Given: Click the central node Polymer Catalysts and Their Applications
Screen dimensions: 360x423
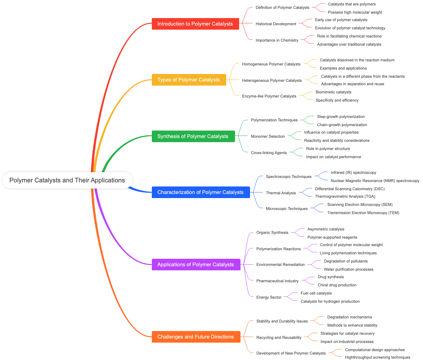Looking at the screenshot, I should tap(67, 180).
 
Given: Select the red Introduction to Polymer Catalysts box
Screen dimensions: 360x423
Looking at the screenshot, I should tap(195, 24).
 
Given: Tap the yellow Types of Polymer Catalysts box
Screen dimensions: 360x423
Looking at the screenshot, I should tap(189, 80).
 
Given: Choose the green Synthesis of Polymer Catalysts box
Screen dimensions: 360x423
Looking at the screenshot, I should tap(193, 136).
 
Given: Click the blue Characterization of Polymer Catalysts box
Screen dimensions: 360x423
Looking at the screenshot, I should tap(200, 192).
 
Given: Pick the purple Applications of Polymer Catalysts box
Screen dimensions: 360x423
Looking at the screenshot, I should tap(195, 265).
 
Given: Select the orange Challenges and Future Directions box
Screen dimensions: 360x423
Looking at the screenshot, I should tap(195, 337).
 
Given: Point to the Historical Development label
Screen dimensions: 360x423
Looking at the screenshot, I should tap(276, 24).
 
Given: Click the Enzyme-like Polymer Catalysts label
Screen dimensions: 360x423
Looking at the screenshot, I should tap(269, 96).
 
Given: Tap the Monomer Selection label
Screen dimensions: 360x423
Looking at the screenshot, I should tap(268, 136).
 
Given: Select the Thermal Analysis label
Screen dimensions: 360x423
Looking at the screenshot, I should tap(281, 193).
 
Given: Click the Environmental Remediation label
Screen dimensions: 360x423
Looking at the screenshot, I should tap(280, 265).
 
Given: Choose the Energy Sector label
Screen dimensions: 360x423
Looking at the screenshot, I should tap(269, 297).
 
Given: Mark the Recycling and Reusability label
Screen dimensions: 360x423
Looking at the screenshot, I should tap(279, 337).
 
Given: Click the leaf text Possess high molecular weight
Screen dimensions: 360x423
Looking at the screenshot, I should tap(355, 12).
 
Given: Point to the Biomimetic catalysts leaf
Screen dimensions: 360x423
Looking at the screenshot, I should tap(333, 92).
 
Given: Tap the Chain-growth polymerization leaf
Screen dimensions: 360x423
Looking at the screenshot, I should tap(342, 125).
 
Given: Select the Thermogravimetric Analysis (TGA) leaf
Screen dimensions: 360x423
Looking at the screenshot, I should tap(345, 196).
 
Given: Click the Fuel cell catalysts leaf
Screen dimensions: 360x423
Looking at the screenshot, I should tap(316, 293).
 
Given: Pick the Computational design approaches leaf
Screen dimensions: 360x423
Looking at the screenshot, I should tap(375, 350).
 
